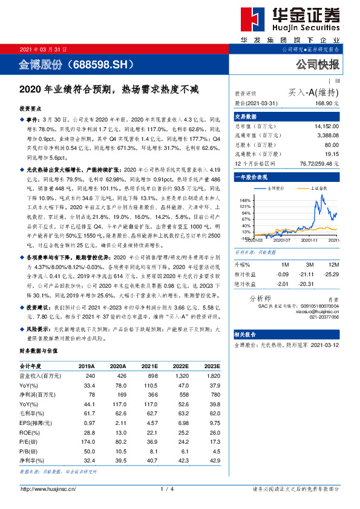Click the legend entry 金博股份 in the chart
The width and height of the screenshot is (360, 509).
pyautogui.click(x=277, y=188)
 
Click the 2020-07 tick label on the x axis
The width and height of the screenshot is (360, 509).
pyautogui.click(x=282, y=240)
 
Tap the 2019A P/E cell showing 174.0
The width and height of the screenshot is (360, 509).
pyautogui.click(x=87, y=443)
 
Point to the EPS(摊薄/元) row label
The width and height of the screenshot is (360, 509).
pyautogui.click(x=36, y=423)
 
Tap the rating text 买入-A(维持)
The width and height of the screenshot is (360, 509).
pyautogui.click(x=313, y=92)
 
